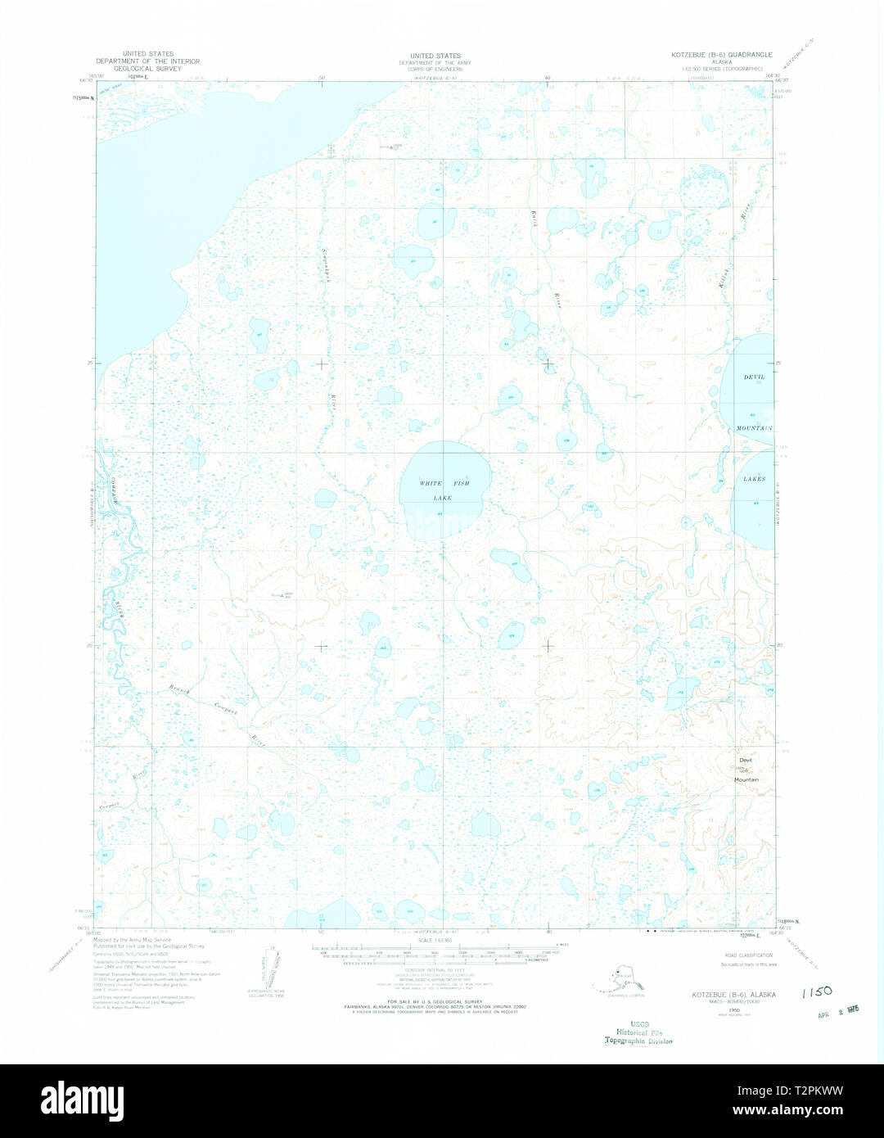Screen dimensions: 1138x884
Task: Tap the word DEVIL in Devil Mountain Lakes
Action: [754, 377]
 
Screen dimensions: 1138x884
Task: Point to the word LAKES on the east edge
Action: [754, 479]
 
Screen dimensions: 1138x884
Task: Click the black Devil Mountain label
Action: [746, 770]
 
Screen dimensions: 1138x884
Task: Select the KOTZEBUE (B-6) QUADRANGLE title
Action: [720, 55]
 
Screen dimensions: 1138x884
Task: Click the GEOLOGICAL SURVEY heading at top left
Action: [147, 68]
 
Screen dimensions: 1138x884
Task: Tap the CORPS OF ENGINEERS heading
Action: [430, 68]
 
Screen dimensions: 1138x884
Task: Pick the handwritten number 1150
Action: [816, 991]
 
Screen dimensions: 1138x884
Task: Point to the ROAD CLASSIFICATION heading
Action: [748, 955]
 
